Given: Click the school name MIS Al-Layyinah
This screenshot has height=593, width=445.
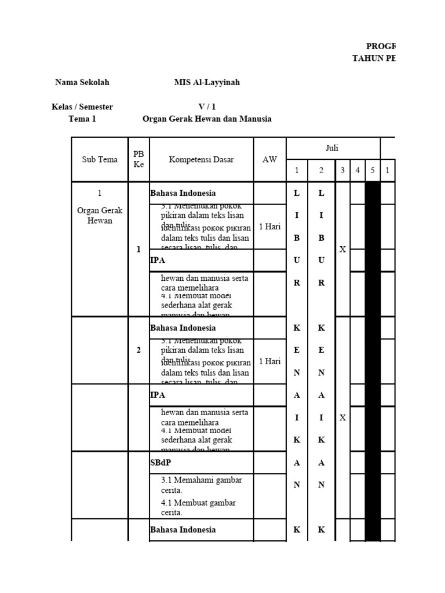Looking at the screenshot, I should (x=207, y=83).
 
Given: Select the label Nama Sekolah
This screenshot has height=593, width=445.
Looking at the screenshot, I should (x=82, y=83).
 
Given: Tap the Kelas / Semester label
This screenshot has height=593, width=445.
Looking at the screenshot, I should (x=82, y=107).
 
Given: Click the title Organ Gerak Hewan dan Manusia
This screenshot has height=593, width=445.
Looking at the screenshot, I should (x=207, y=119).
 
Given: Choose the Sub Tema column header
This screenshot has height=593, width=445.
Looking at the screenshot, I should (x=100, y=160).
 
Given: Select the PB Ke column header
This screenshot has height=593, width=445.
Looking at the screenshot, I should (x=138, y=159).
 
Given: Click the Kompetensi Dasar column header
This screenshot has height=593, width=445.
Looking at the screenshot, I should (x=202, y=160).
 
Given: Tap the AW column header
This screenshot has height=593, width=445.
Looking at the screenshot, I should (x=270, y=160).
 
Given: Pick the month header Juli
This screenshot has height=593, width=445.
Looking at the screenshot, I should (x=332, y=148).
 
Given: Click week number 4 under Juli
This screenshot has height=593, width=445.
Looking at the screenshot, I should (x=358, y=171).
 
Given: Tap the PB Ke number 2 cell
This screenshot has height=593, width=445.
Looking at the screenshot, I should (x=138, y=350).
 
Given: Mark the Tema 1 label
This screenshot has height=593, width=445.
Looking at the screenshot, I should (x=82, y=119).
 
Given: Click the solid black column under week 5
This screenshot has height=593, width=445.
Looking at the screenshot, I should (x=373, y=359).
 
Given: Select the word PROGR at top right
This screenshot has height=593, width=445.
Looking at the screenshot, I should (x=380, y=46).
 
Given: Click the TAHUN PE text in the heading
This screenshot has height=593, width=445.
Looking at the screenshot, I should (x=374, y=58).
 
